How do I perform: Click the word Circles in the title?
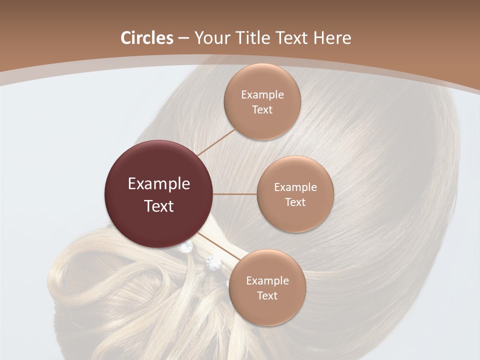coord(146,38)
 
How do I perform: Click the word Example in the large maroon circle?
coord(159,184)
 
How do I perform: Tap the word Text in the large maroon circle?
coord(159,206)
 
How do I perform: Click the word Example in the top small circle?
coord(262,95)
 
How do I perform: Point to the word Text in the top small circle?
coord(262,110)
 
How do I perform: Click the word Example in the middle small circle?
coord(295,187)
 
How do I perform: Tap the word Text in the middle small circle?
coord(295,202)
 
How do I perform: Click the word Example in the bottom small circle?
coord(267,281)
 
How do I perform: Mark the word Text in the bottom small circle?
coord(267,296)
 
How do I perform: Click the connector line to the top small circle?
coord(216,142)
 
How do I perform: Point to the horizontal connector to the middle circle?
coord(235,194)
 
